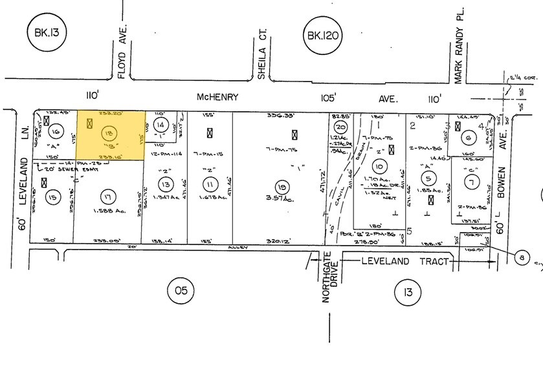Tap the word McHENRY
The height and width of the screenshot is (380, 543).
218,98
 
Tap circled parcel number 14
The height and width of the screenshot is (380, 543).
162,124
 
